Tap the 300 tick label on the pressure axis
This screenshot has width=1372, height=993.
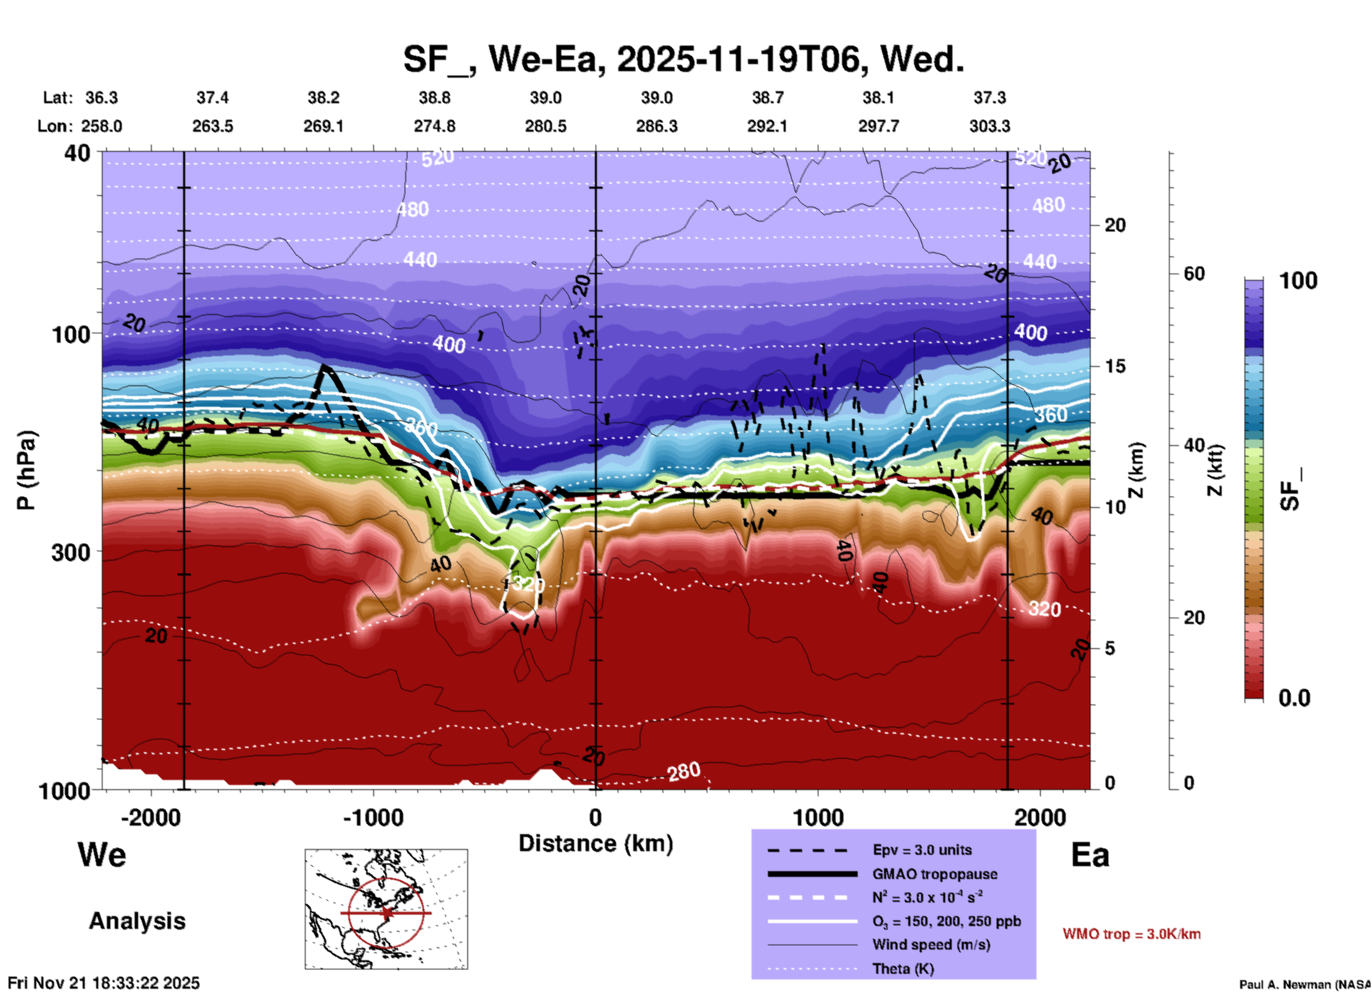71,552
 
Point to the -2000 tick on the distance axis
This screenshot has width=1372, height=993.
150,817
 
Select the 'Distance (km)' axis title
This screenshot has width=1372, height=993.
596,843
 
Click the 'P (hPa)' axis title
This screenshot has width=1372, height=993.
26,470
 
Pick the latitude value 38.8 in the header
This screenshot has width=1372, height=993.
434,98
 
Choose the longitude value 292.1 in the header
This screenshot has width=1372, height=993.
767,126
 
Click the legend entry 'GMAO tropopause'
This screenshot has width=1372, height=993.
935,874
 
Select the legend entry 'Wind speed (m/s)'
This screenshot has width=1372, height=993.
931,945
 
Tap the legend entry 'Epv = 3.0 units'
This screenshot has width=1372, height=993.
922,850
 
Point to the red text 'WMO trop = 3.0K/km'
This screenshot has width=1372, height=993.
1131,934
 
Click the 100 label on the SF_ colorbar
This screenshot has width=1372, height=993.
1298,281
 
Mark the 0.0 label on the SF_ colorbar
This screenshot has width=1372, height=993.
1294,697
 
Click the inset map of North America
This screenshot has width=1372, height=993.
386,909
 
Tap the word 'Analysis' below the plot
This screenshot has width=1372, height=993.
137,921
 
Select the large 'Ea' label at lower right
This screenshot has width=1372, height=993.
1090,856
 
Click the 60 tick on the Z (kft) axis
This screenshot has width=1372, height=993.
1194,274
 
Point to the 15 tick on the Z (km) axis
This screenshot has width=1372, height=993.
1115,366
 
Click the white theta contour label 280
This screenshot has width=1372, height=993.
684,771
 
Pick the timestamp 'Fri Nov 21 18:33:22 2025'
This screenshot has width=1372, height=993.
104,983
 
